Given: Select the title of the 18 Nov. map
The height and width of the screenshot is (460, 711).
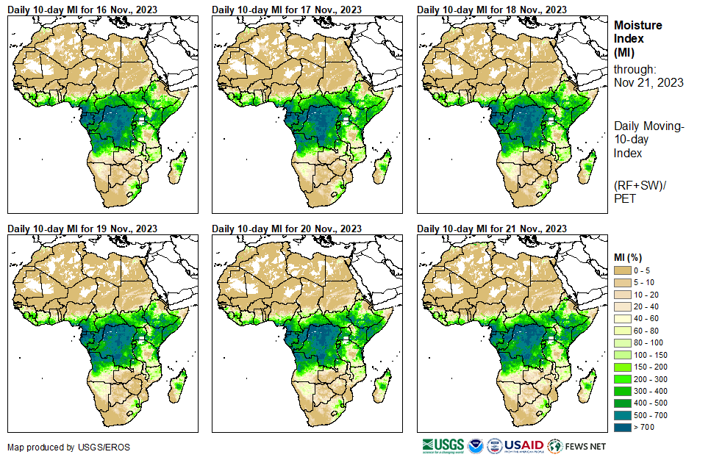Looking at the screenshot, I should point(492,10).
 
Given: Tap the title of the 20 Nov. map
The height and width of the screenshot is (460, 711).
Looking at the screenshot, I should point(287,229).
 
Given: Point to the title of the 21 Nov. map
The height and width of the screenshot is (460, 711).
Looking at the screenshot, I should point(492,229).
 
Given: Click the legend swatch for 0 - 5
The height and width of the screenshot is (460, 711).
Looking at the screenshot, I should point(623,271).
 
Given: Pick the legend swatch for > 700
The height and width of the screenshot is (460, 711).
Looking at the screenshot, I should point(623,427).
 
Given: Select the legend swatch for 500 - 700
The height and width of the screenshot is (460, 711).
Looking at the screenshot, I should point(623,415).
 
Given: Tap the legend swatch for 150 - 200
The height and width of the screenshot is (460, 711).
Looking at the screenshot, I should point(623,367).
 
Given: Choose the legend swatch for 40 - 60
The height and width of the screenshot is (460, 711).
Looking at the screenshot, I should point(623,319).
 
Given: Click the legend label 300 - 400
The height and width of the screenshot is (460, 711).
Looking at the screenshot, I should point(651,391).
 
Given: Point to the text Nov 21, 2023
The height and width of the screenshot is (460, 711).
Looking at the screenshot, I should point(649,82).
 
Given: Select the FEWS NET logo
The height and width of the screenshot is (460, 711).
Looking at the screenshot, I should point(577,445).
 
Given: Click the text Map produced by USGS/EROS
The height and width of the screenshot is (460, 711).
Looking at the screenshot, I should point(59,447).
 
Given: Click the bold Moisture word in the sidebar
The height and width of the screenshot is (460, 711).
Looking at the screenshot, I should point(637,25).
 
